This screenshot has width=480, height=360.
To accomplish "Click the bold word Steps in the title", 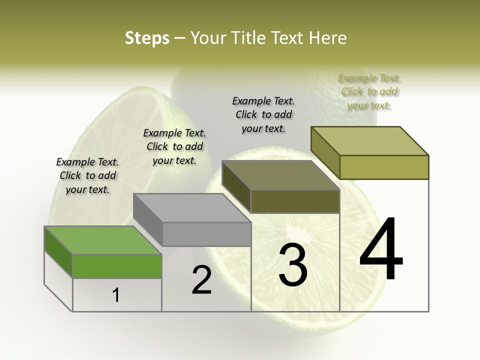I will [147, 38].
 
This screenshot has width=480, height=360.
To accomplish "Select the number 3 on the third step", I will [293, 265].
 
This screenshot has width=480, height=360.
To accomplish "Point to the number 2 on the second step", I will [202, 280].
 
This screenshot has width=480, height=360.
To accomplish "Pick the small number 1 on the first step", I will [116, 295].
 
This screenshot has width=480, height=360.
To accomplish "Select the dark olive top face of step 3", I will [280, 175].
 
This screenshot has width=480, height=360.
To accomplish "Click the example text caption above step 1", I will [87, 175].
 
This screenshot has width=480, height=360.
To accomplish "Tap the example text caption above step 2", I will [174, 146].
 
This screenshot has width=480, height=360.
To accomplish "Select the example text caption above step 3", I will [263, 114].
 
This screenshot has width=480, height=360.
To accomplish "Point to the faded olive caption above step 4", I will [369, 91].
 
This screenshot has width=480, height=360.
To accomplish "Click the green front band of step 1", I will [117, 266].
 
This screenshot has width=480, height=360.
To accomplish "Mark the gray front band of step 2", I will [206, 234].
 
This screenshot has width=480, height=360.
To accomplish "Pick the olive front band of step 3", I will [295, 201].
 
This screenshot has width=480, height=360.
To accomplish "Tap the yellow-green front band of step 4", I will [384, 167].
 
